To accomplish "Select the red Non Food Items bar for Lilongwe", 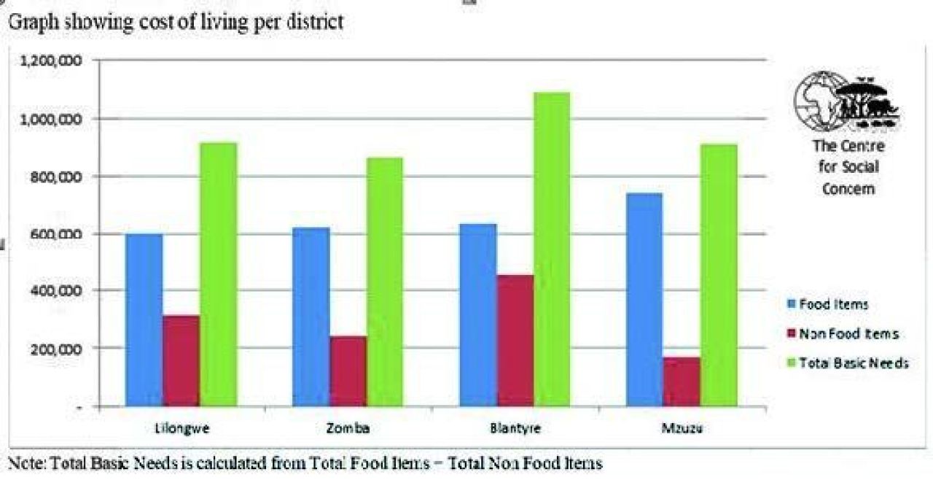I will [x=180, y=360].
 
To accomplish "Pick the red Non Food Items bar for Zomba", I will [x=348, y=371].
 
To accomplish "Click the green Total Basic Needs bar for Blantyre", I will [x=552, y=249].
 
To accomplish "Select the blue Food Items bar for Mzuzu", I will [x=644, y=299].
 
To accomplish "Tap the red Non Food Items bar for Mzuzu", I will [x=682, y=381].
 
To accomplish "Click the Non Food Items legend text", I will [x=849, y=334].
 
